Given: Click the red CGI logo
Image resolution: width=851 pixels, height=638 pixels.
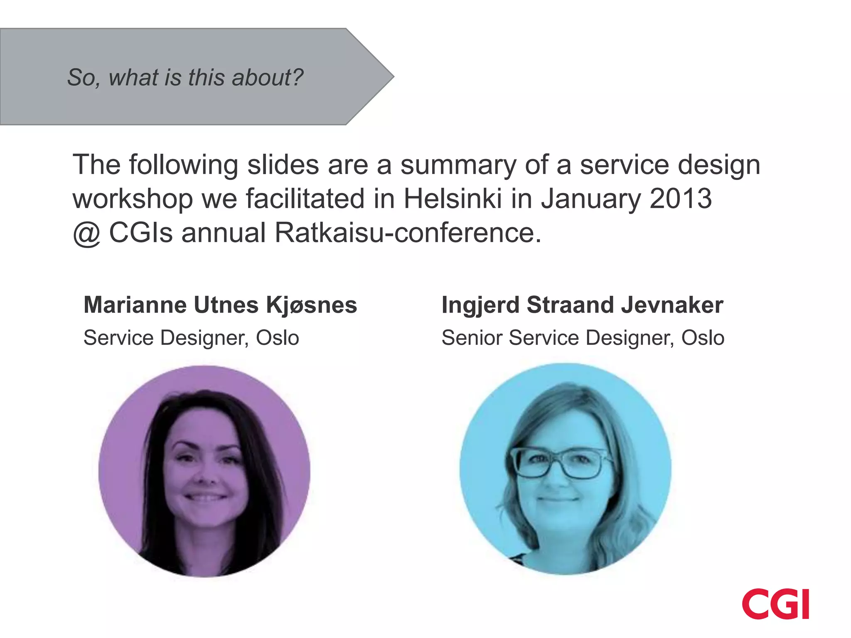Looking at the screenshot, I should click(x=775, y=604).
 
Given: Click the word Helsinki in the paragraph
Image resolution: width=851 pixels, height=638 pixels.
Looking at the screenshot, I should click(x=453, y=199).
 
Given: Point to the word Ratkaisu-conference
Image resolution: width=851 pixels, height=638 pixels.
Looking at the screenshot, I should click(x=408, y=233).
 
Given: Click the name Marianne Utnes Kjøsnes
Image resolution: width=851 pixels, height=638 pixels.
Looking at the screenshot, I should click(x=220, y=305).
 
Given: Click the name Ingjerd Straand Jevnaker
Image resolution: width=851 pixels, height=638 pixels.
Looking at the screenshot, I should click(x=582, y=305).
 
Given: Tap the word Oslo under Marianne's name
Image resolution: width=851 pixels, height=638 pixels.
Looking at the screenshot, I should click(x=277, y=337).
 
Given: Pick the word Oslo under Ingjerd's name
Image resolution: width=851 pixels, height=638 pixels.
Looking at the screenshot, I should click(x=703, y=337).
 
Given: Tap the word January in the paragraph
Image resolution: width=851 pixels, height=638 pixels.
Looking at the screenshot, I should click(x=590, y=199).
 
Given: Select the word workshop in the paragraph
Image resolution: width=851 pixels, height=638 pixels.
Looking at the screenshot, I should click(x=133, y=199).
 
